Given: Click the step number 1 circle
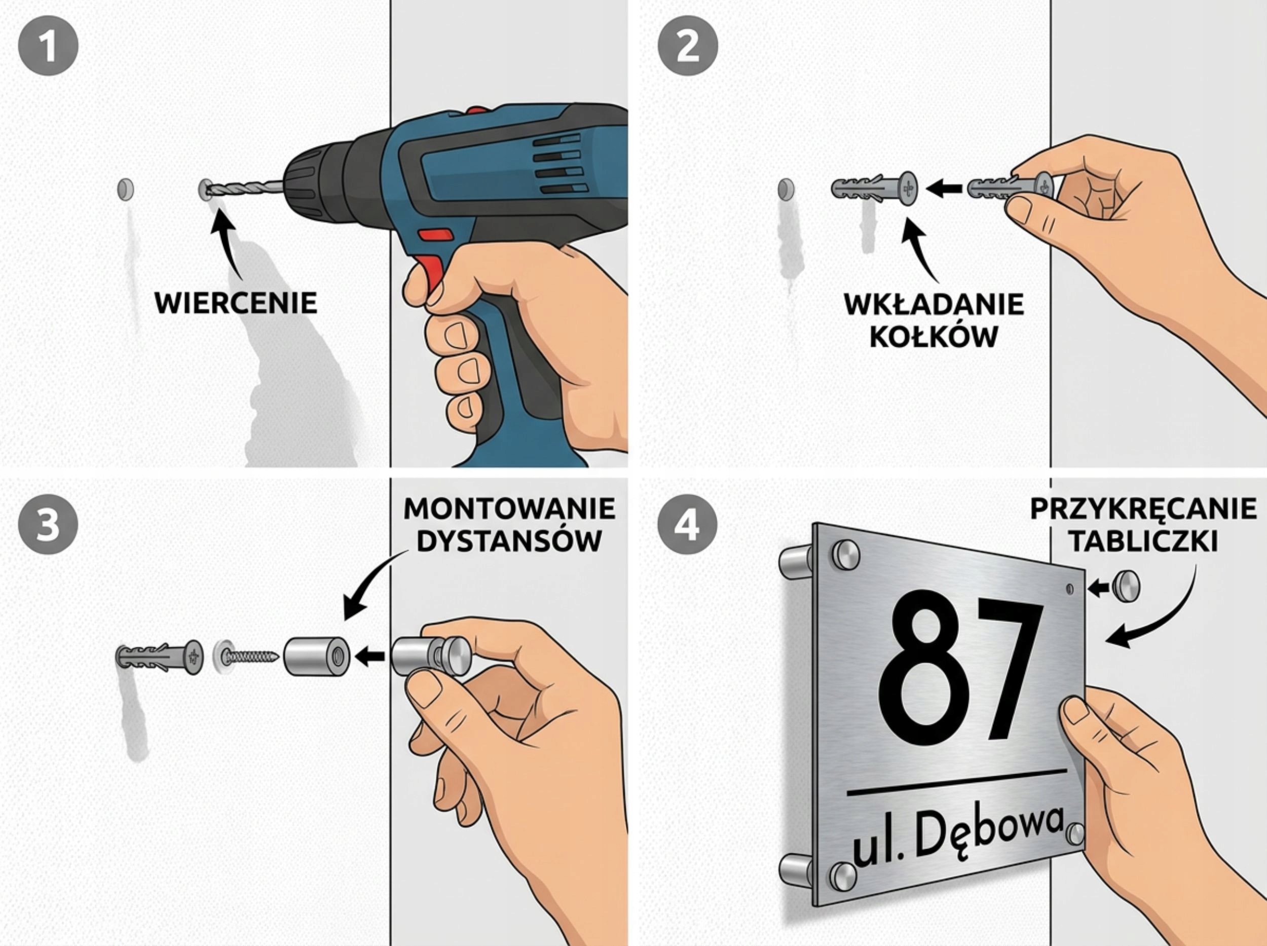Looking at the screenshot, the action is coord(48,46).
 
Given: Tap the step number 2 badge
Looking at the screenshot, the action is coord(687,46).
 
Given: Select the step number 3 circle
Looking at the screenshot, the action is coord(48,525).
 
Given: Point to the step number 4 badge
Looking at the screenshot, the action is coord(687,525).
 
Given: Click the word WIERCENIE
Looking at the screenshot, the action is coord(236,303).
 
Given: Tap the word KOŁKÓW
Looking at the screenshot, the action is coord(934,337).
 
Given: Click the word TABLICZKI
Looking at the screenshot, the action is coord(1144,540).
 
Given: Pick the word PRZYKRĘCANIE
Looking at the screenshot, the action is coord(1143,508).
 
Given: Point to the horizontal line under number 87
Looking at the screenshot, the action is coord(957,782).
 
